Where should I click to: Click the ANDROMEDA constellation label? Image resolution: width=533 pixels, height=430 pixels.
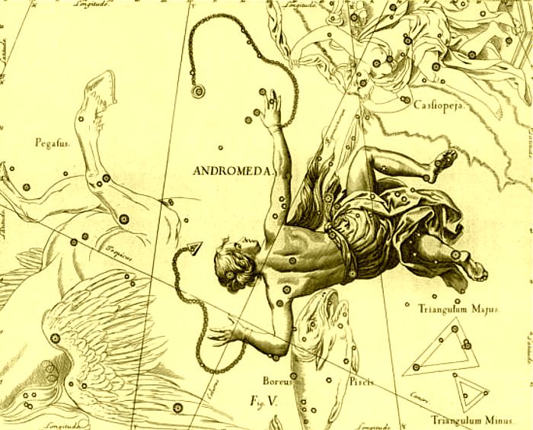[x=228, y=171]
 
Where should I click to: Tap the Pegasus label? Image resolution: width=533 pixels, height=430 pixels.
[x=51, y=142]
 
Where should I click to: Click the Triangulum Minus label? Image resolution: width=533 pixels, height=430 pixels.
[x=468, y=419]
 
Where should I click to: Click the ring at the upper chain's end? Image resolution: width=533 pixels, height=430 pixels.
[x=198, y=92]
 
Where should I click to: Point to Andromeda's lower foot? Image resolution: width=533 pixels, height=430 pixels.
[x=473, y=268]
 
